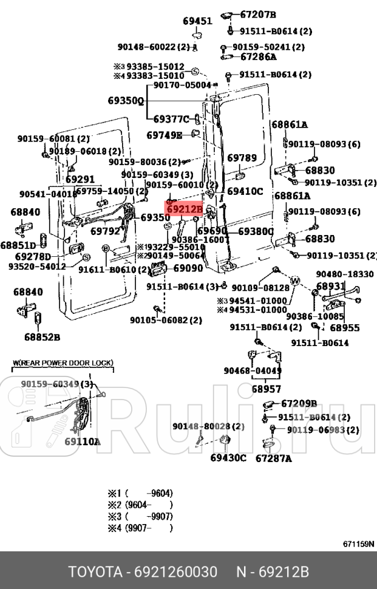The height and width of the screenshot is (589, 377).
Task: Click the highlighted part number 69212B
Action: point(184,210)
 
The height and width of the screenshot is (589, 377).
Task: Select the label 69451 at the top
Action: point(197,21)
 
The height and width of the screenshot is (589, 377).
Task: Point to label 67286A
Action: point(258,57)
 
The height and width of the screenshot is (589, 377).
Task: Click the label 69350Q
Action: point(126,101)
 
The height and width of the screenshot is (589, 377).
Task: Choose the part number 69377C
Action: point(171,119)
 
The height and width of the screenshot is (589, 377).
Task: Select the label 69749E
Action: point(164,135)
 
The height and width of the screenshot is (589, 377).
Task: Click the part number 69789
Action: point(242,158)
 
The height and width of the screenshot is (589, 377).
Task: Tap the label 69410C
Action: point(245,191)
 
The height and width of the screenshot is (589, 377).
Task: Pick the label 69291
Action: point(80,180)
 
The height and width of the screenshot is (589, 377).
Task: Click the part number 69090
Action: point(188,268)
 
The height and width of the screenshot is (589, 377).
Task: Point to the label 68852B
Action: point(42,336)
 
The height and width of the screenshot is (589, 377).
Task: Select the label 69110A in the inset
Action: point(83,442)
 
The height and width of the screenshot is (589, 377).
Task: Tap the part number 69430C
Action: point(228,458)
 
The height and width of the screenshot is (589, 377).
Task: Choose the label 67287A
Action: point(274,458)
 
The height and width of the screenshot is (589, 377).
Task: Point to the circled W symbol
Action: point(295,281)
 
